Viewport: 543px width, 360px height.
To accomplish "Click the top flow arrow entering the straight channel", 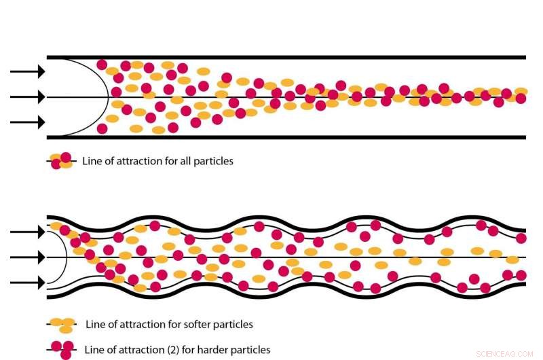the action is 27,71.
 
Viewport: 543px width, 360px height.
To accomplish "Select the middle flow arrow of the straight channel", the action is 27,97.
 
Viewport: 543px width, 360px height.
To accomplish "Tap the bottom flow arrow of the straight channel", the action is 27,122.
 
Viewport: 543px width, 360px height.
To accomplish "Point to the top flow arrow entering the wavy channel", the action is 27,232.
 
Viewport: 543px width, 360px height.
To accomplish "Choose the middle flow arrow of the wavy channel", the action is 27,258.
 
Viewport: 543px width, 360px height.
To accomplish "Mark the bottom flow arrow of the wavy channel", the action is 27,283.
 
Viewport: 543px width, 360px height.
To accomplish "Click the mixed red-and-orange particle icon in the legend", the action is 61,161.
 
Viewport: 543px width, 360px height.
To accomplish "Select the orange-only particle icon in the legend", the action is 63,324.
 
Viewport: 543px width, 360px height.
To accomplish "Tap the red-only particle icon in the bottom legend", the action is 63,349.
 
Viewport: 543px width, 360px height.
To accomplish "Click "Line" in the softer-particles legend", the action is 95,324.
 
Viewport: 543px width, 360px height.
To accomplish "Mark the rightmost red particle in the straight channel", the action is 521,98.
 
